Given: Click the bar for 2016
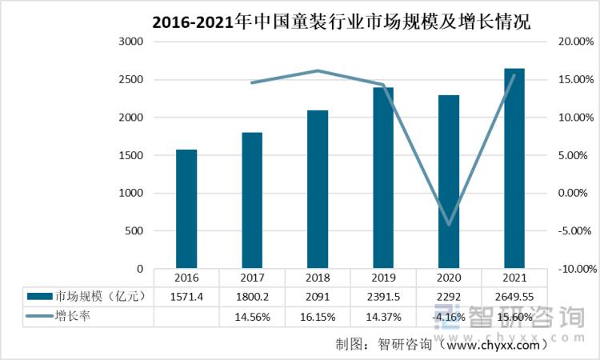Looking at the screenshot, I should pyautogui.click(x=186, y=210).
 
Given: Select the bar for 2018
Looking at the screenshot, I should pyautogui.click(x=318, y=190).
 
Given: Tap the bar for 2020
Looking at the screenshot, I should pyautogui.click(x=449, y=182).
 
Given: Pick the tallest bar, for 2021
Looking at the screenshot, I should pyautogui.click(x=514, y=169).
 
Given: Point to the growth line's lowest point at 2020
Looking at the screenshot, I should pyautogui.click(x=449, y=225).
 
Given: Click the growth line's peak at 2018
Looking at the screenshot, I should pyautogui.click(x=318, y=70).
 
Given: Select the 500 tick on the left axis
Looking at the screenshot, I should pyautogui.click(x=133, y=231).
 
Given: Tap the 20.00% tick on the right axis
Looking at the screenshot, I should pyautogui.click(x=576, y=42).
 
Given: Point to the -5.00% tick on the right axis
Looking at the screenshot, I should pyautogui.click(x=576, y=231).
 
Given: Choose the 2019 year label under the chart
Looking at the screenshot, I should pyautogui.click(x=383, y=277).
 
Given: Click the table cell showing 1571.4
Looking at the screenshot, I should pyautogui.click(x=186, y=296).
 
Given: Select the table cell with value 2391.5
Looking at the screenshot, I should pyautogui.click(x=383, y=296).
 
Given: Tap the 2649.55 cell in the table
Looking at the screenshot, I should pyautogui.click(x=514, y=296).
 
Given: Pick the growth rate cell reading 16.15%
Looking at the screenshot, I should pyautogui.click(x=318, y=317).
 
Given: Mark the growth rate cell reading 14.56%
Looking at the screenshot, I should pyautogui.click(x=252, y=317).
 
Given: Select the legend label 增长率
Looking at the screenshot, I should pyautogui.click(x=73, y=317).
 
